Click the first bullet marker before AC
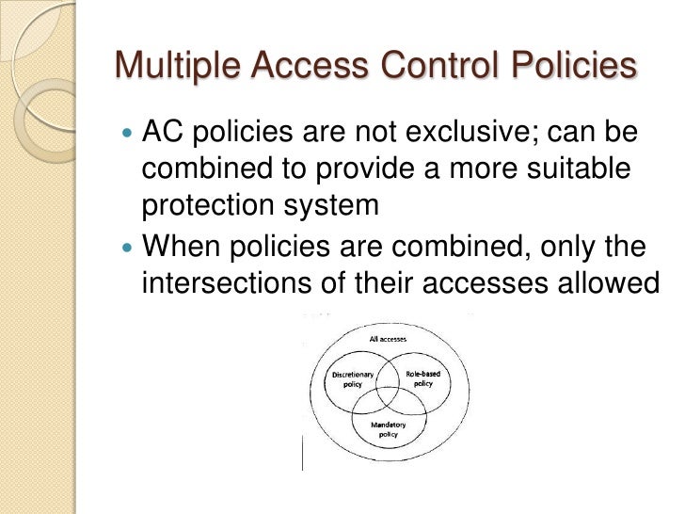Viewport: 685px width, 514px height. click(129, 135)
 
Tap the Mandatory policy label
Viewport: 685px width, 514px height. click(383, 428)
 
